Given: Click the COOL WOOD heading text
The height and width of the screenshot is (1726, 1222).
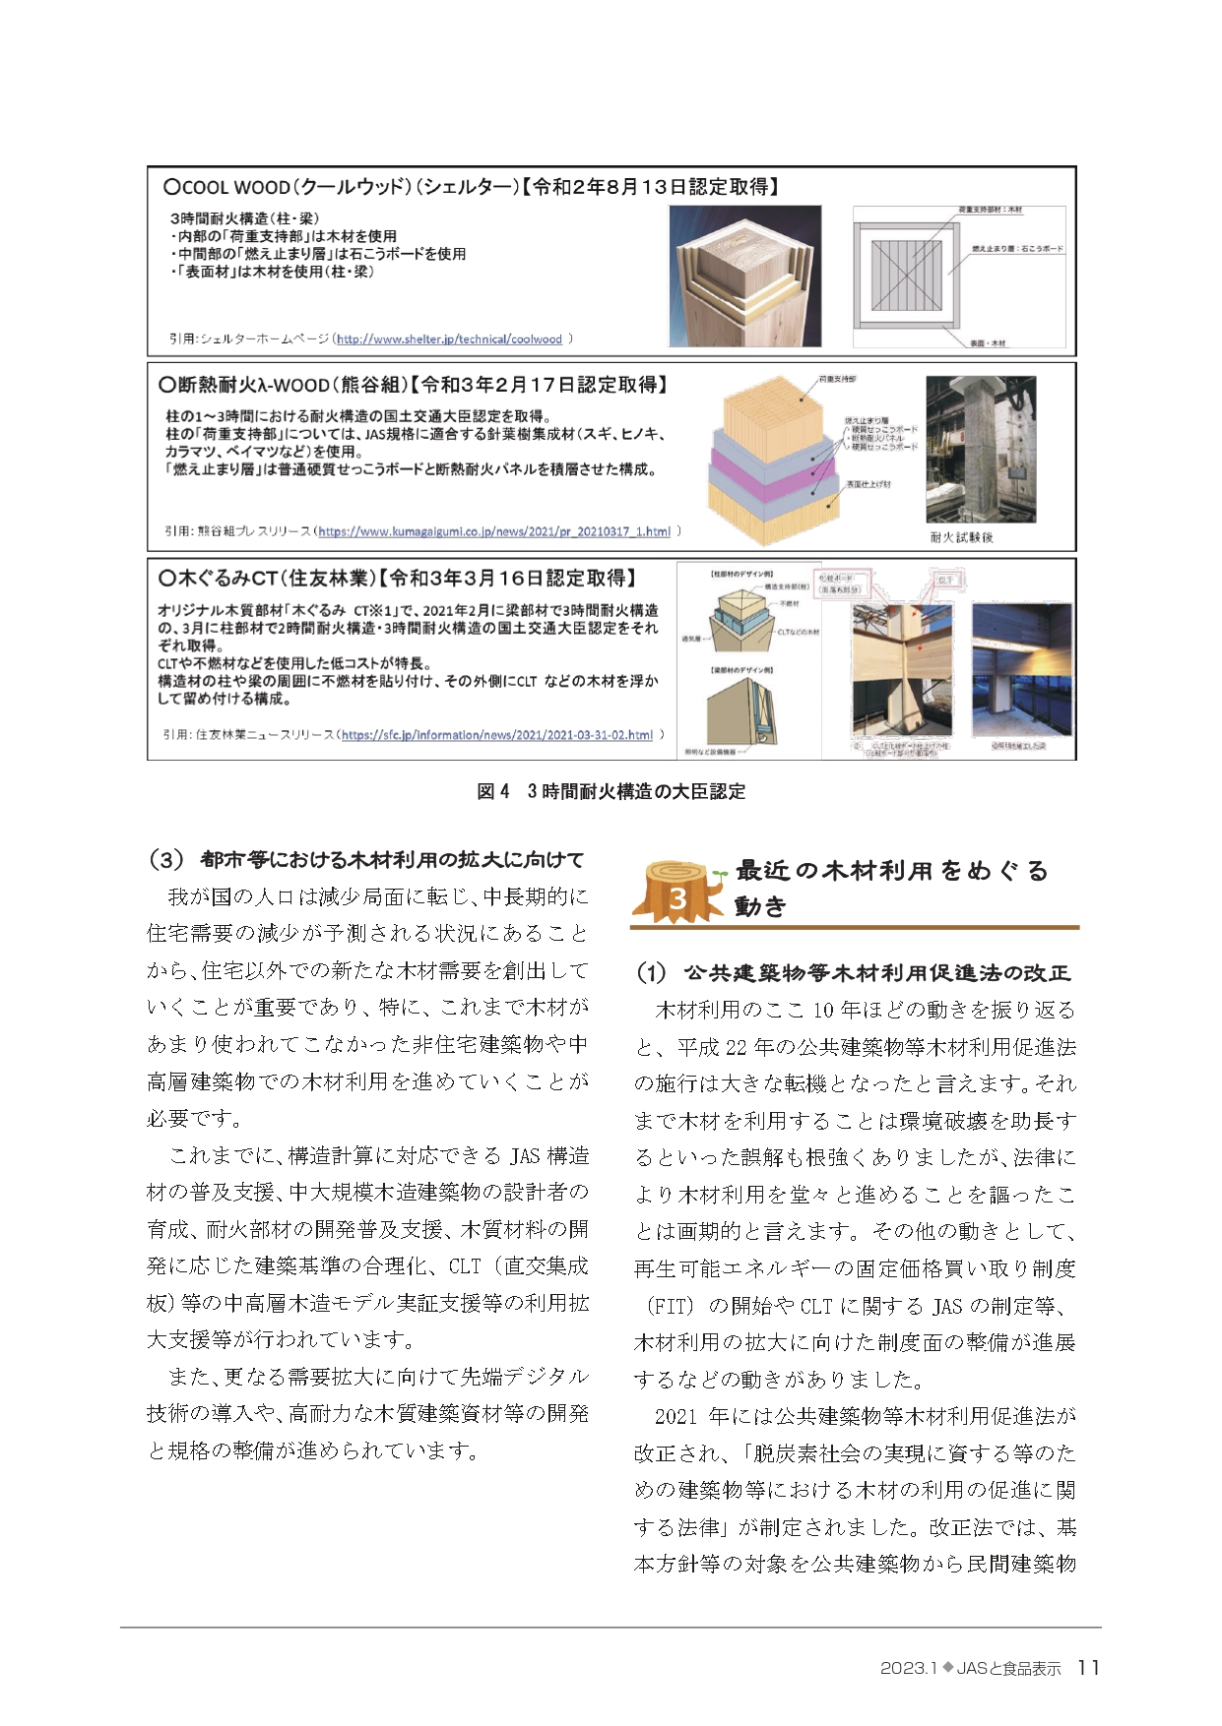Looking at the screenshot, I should [x=471, y=187].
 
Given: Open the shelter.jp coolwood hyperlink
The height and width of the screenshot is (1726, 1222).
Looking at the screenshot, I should [x=449, y=339].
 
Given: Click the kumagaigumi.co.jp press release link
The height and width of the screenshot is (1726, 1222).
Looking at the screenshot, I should [x=494, y=531].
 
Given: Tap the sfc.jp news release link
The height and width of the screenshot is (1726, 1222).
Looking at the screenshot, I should [x=497, y=735].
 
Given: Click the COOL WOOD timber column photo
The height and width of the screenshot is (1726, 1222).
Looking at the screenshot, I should [x=744, y=276].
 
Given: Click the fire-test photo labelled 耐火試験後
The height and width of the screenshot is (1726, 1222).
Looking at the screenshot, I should [x=980, y=450].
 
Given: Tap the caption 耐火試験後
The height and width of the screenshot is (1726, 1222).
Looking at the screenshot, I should [x=961, y=537].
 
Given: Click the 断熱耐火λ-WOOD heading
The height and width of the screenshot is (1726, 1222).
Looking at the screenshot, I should [x=413, y=385].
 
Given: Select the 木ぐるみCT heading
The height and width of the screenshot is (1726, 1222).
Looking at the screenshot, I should [x=397, y=578].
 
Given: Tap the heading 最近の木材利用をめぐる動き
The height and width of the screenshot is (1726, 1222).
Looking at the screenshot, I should [x=891, y=887].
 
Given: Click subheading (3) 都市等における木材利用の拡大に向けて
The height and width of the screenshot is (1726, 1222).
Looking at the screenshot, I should [x=365, y=859].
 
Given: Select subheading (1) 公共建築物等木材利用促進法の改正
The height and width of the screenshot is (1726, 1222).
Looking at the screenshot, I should [x=853, y=972].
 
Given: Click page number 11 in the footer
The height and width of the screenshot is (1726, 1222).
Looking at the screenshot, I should [x=1088, y=1667].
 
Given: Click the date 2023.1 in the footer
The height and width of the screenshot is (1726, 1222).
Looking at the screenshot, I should [x=906, y=1668].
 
